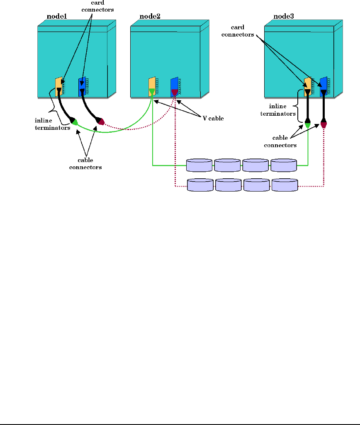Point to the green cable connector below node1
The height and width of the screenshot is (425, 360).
[x=75, y=122]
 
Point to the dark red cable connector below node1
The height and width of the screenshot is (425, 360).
[x=100, y=122]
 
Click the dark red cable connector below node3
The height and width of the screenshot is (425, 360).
[x=324, y=124]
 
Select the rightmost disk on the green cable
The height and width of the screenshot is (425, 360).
[x=284, y=165]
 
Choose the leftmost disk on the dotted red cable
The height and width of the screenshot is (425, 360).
[x=200, y=185]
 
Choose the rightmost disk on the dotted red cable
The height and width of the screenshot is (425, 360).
[x=285, y=185]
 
